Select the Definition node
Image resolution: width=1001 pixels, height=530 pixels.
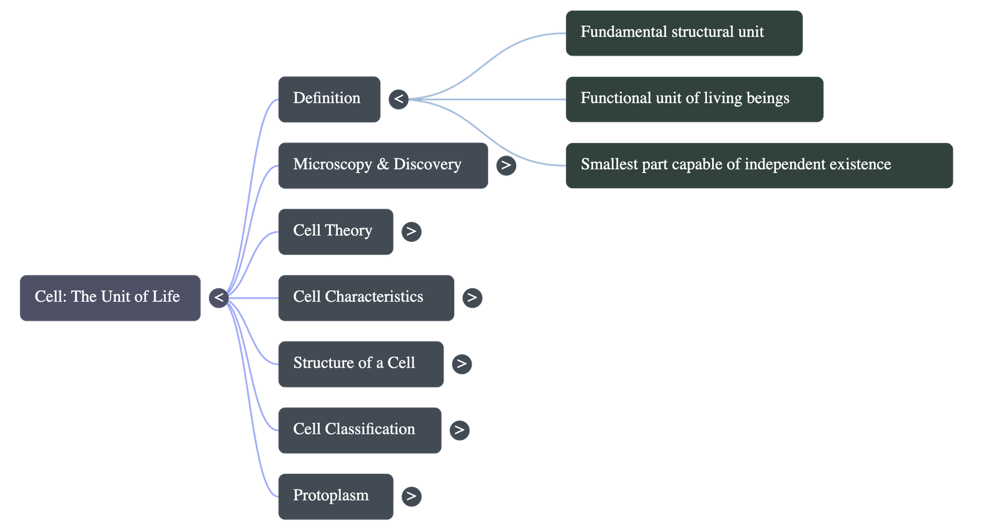pos(329,99)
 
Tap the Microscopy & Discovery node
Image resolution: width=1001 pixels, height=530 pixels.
pos(383,165)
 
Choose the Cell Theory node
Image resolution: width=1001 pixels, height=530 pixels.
pos(335,231)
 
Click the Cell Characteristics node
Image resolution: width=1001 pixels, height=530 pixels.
pos(366,297)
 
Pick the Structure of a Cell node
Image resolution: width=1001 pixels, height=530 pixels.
pos(361,364)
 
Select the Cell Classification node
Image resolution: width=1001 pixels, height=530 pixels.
pos(360,430)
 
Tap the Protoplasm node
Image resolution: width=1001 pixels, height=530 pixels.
pos(335,496)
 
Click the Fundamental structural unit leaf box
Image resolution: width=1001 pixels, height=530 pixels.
pos(684,32)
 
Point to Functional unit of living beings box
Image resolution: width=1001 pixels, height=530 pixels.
pos(694,99)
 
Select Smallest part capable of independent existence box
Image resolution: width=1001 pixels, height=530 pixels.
pos(759,165)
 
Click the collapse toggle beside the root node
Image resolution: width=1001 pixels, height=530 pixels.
pos(218,297)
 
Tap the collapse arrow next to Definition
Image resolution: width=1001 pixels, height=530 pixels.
pos(399,99)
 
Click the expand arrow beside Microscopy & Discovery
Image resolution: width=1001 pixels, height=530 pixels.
pos(506,165)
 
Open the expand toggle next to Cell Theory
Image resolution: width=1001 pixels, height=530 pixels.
pos(411,231)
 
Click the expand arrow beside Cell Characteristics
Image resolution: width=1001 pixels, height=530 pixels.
pos(472,297)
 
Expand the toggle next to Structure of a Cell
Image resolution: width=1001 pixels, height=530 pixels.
pos(462,364)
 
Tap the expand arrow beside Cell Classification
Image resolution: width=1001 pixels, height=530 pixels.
pos(459,430)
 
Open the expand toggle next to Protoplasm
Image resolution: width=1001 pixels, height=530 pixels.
pos(411,496)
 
